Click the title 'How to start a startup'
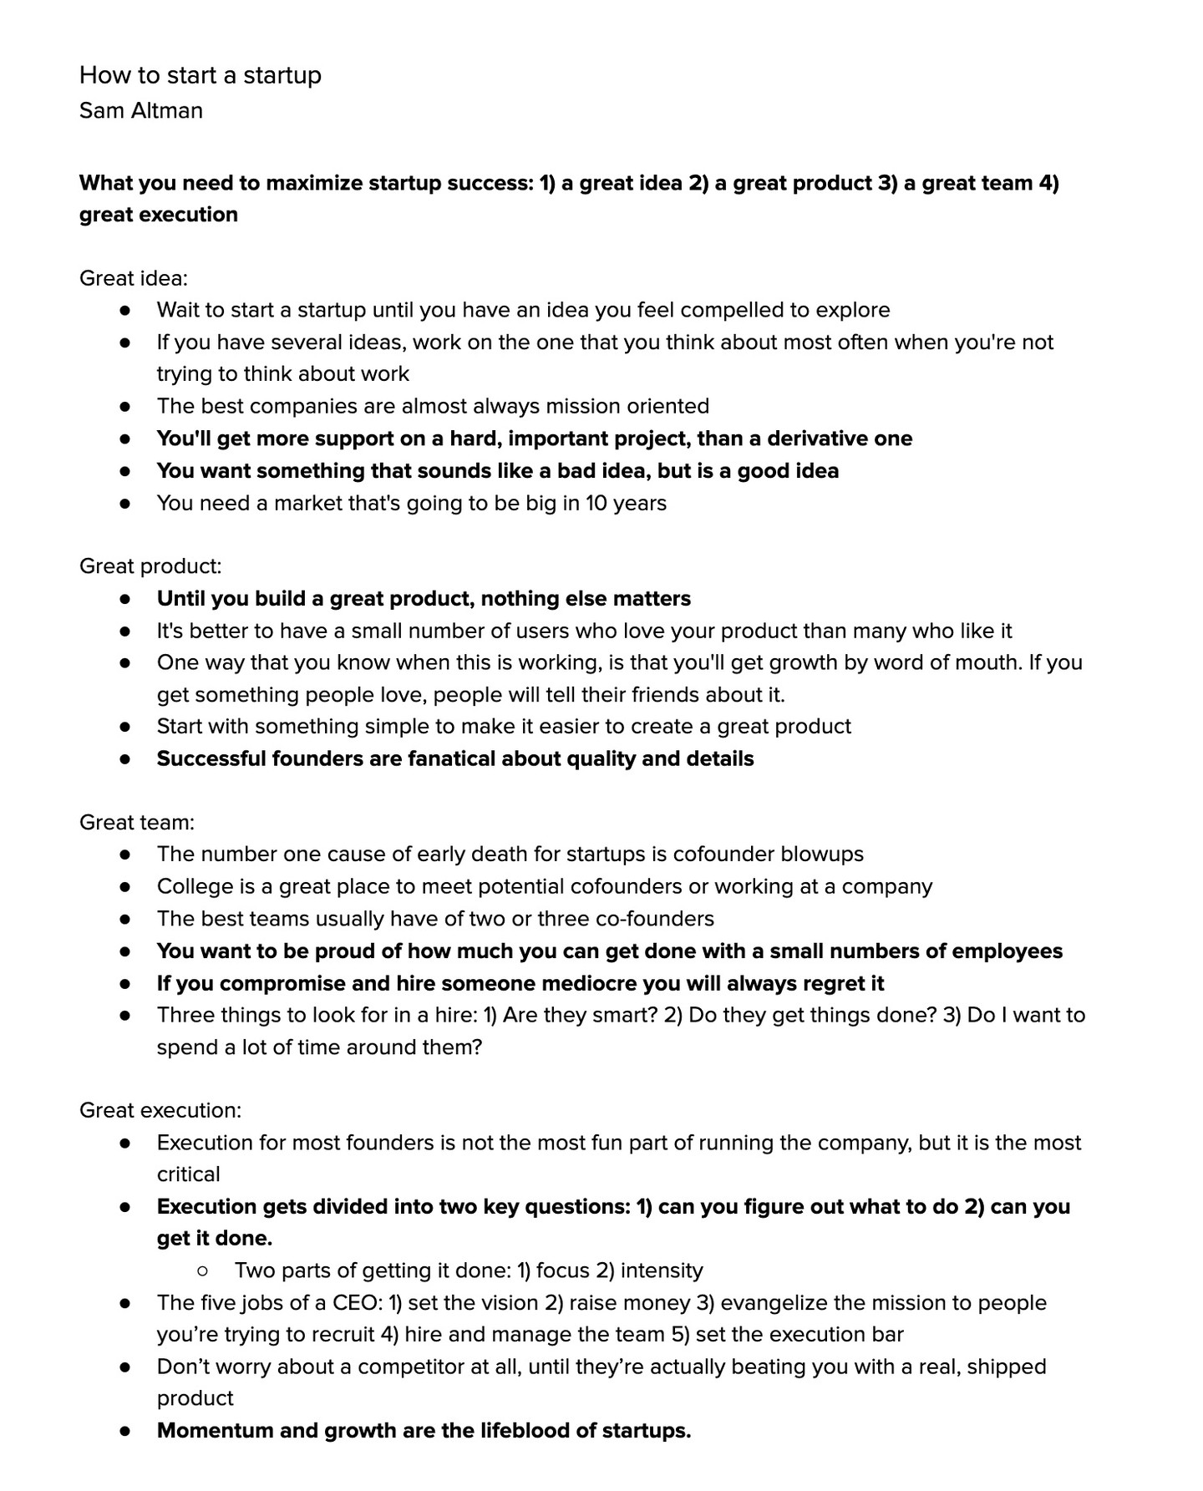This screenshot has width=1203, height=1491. pyautogui.click(x=200, y=75)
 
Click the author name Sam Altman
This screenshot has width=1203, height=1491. pyautogui.click(x=140, y=110)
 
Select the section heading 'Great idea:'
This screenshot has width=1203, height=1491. pyautogui.click(x=133, y=278)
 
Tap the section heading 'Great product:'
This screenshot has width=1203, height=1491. pyautogui.click(x=150, y=566)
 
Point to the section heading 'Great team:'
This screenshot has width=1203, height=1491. pyautogui.click(x=136, y=823)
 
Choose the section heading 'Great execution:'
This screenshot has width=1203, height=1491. pyautogui.click(x=160, y=1110)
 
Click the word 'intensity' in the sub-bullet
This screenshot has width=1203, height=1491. pyautogui.click(x=662, y=1270)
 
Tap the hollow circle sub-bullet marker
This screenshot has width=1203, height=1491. pyautogui.click(x=202, y=1271)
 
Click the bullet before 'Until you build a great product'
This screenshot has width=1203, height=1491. pyautogui.click(x=125, y=599)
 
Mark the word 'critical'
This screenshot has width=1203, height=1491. pyautogui.click(x=189, y=1174)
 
